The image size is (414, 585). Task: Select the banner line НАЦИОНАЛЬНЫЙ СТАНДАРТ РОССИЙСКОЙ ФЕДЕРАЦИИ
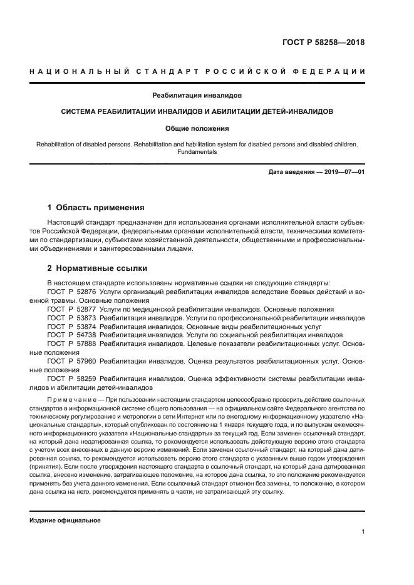point(197,71)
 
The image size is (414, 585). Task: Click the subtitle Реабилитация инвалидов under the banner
point(197,96)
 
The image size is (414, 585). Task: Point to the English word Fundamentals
point(197,151)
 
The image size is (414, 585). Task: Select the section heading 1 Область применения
point(96,207)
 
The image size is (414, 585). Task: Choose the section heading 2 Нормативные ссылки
point(97,268)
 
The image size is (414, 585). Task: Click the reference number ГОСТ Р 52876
point(71,292)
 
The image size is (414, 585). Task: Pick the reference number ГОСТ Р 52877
point(71,309)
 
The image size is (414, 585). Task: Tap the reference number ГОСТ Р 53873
point(71,318)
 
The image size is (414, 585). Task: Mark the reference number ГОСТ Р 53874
point(71,327)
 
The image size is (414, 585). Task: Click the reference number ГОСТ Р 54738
point(71,335)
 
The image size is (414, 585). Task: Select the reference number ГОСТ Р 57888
point(71,343)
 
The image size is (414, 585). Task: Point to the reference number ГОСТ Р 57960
point(71,361)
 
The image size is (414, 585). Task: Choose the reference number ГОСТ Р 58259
point(71,379)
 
